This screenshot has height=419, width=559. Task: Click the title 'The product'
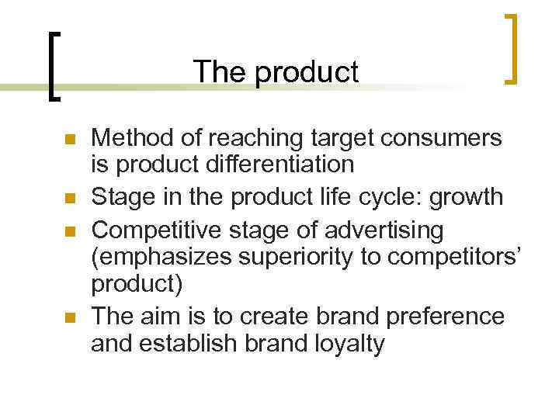coord(276,72)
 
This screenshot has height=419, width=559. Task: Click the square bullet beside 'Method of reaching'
coord(69,140)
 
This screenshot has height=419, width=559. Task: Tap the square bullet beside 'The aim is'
coord(69,318)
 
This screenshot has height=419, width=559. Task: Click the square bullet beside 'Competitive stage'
coord(69,232)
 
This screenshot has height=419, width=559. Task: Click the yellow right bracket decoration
coord(512,48)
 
